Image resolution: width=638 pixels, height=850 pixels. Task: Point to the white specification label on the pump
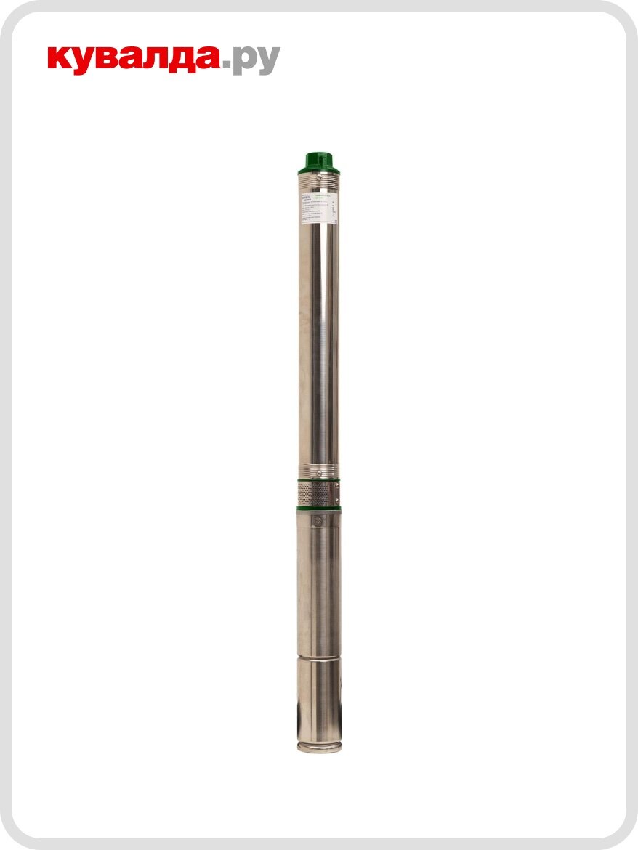point(318,207)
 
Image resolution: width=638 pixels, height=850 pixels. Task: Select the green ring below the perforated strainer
point(318,509)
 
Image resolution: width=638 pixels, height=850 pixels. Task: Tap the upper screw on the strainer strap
point(336,485)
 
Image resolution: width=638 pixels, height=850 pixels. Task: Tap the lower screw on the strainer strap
point(336,500)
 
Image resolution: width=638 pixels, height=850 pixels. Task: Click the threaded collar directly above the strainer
point(318,471)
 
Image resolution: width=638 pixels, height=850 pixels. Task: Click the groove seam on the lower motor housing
point(318,656)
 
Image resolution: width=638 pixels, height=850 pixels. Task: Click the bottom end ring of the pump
point(319,747)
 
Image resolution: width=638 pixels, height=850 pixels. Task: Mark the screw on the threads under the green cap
point(319,177)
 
